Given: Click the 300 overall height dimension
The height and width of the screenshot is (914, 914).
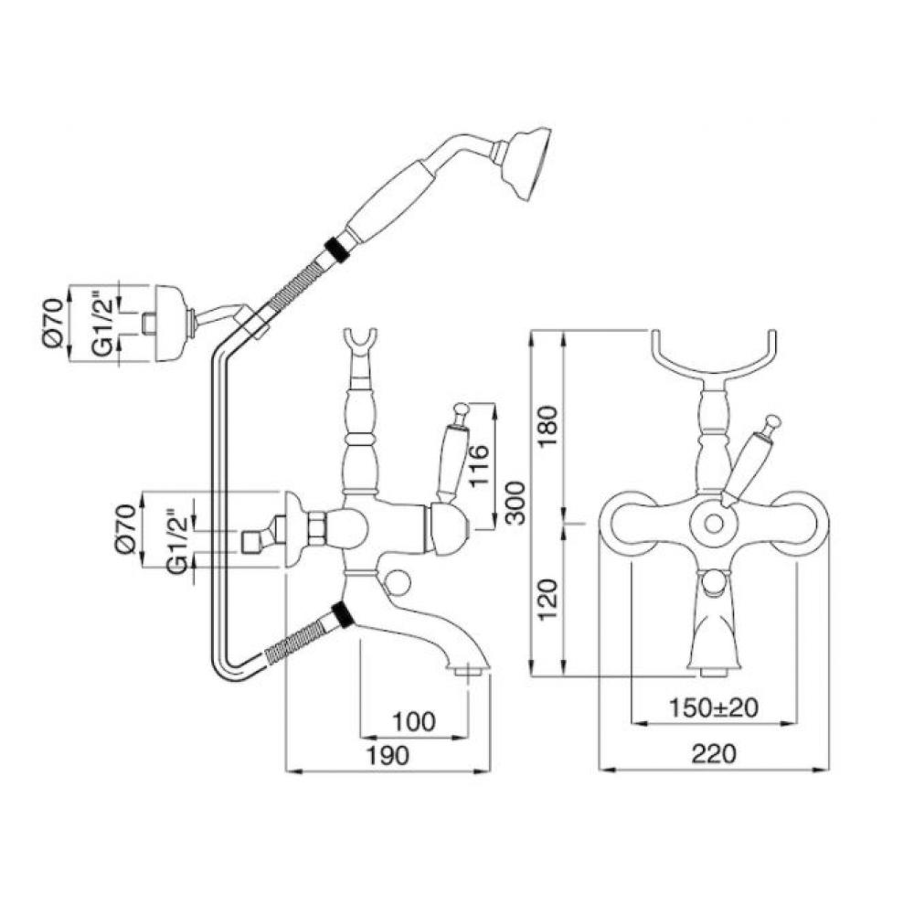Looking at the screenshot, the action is coord(515,503).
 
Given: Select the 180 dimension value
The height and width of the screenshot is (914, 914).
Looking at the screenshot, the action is coord(547,426).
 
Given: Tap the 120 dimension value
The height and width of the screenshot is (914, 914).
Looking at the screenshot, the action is coord(547,600).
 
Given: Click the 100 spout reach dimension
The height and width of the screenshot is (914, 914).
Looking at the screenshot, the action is coord(414,722).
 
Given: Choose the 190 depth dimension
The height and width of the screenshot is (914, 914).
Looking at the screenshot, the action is coord(388,756).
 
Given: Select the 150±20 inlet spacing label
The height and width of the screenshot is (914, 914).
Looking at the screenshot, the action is coord(714,707).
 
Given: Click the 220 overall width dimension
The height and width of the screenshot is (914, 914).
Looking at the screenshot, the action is coord(714,754).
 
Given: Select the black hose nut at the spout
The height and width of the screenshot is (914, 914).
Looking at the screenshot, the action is coord(342,615).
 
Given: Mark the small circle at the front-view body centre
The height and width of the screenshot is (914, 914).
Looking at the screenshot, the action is coord(713,524).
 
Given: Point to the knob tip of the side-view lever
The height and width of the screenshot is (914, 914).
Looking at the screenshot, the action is coord(461,409).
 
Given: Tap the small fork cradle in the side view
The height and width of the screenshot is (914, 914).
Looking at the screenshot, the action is coord(359,344).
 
